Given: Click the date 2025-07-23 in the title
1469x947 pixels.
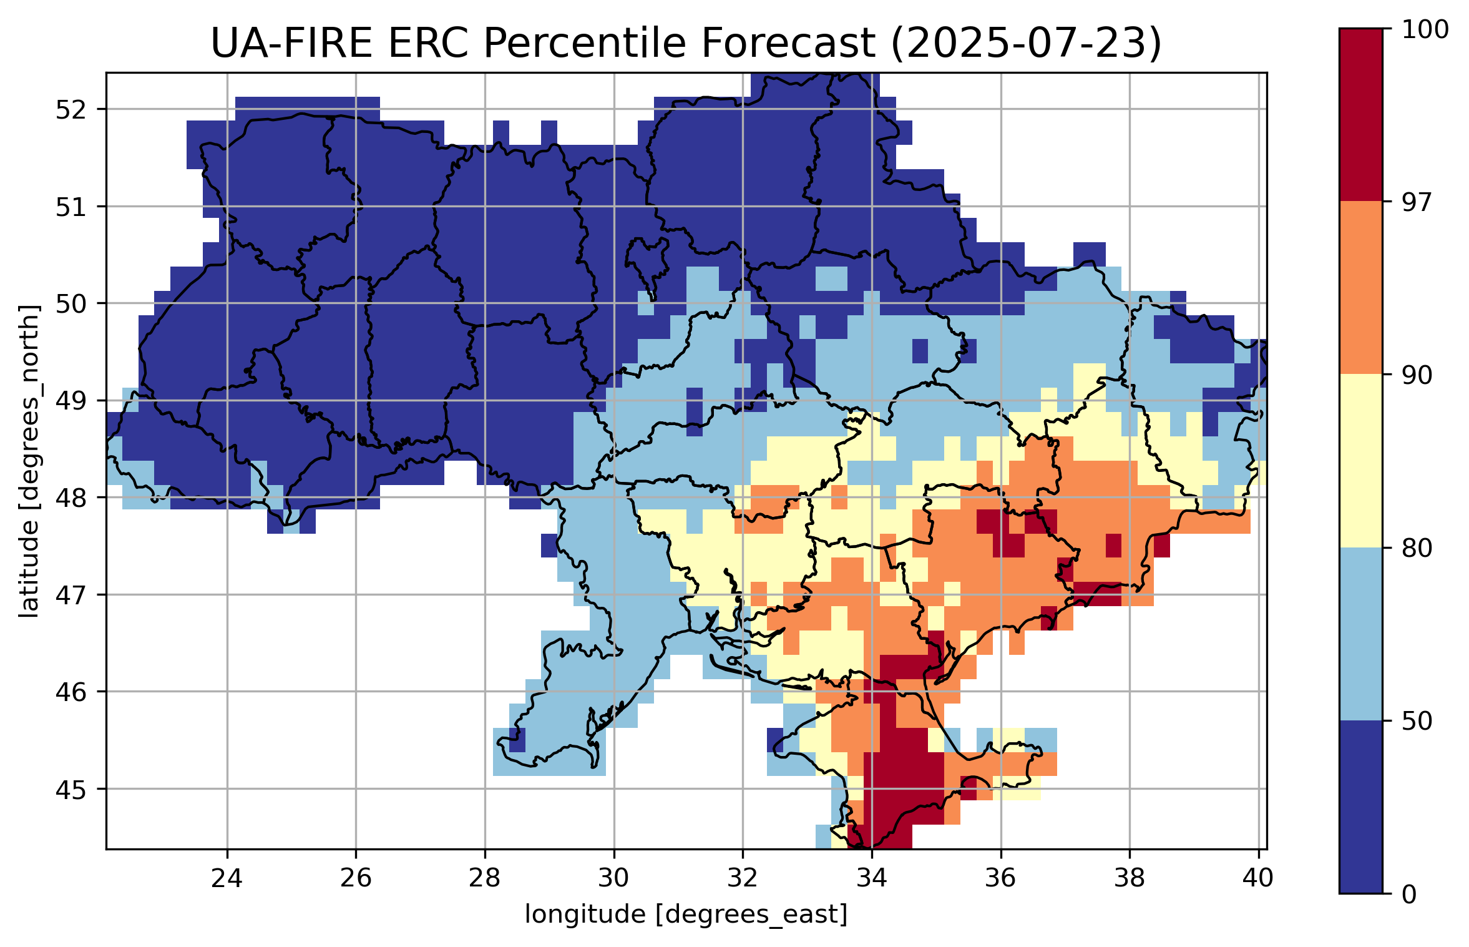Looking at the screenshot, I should click(x=1026, y=44).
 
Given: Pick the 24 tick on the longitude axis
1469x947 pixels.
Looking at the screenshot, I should click(x=227, y=878).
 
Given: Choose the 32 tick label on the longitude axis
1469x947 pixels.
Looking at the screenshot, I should click(x=743, y=878).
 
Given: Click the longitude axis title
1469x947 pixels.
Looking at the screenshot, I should click(x=686, y=915).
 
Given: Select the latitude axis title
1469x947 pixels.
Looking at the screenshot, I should click(x=29, y=461).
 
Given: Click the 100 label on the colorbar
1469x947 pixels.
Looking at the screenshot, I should click(x=1425, y=29).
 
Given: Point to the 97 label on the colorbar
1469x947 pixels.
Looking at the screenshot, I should click(x=1417, y=202).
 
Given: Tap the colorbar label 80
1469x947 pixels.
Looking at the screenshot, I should click(x=1417, y=548).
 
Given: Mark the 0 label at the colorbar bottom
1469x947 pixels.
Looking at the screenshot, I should click(x=1409, y=895).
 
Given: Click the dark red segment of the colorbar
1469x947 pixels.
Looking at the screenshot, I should click(x=1361, y=115).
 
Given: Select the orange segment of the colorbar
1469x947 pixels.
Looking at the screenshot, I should click(x=1361, y=287).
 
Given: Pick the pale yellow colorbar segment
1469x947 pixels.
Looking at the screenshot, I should click(x=1361, y=461).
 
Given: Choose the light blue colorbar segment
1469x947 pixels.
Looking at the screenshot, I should click(x=1361, y=634).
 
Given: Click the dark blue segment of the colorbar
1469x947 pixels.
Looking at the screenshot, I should click(x=1361, y=807).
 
